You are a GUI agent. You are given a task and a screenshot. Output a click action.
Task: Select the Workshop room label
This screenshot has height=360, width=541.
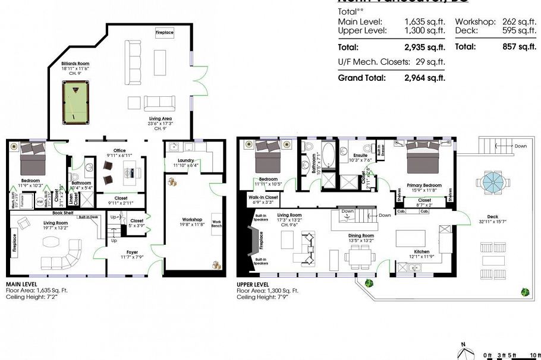pos(193,220)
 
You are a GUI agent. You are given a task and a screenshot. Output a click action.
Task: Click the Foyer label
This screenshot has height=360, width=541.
pos(131,252)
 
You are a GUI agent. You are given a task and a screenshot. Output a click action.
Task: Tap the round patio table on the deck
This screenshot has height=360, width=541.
pos(493,184)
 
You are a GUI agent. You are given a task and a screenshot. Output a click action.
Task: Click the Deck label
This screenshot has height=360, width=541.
pos(492,216)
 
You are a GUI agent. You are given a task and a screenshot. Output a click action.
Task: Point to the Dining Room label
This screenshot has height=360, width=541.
pos(361,236)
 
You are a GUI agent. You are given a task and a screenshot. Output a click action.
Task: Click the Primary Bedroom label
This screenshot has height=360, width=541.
pos(424,185)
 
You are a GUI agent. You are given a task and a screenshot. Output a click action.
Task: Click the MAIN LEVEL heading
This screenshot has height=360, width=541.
pos(21,285)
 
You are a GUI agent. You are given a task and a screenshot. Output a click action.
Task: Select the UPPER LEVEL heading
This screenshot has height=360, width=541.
pos(253,285)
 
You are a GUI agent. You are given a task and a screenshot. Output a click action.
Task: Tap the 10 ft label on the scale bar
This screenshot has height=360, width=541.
pos(535,355)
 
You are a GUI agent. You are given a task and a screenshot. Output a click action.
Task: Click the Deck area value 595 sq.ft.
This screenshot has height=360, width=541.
pos(519,30)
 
